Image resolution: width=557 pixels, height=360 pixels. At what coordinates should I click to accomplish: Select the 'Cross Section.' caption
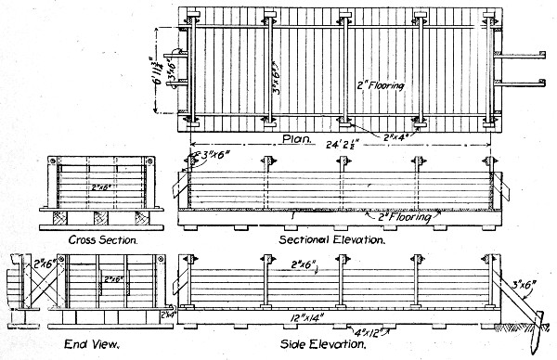point(105,239)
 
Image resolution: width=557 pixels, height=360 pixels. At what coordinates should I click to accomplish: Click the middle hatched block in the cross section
point(104,217)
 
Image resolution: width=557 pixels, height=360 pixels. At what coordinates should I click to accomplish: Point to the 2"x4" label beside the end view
point(169,314)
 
